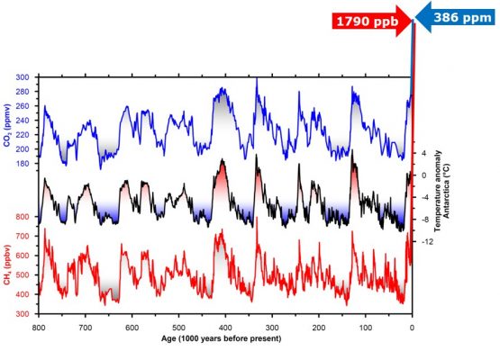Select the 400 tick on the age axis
pyautogui.click(x=226, y=328)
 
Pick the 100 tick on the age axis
pyautogui.click(x=366, y=328)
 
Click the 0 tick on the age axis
pyautogui.click(x=413, y=328)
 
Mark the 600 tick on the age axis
pyautogui.click(x=132, y=328)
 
